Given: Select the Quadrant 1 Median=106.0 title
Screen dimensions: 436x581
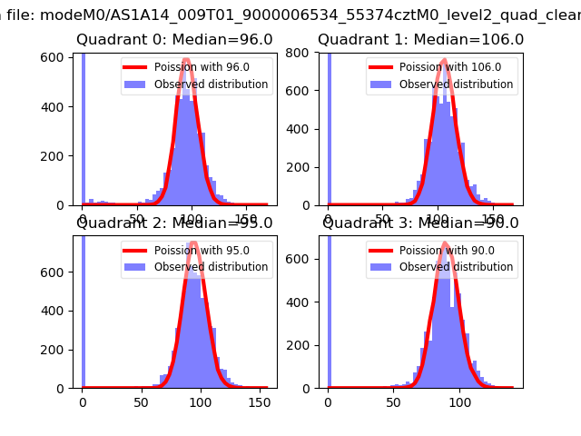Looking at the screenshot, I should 420,40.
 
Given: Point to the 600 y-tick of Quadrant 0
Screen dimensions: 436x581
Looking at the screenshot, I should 54,56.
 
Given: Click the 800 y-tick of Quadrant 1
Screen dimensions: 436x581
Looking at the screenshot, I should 299,54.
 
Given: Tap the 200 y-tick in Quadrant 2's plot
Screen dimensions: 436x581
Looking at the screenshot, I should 54,350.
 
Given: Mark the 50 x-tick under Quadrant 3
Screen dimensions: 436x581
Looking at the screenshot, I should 394,402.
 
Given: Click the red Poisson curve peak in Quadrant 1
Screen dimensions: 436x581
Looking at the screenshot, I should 442,62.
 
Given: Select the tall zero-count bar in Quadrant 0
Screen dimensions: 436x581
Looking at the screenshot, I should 84,127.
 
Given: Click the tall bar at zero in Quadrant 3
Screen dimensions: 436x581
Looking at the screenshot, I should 329,309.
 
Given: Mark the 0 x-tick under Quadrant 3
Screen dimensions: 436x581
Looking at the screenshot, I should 329,402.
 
